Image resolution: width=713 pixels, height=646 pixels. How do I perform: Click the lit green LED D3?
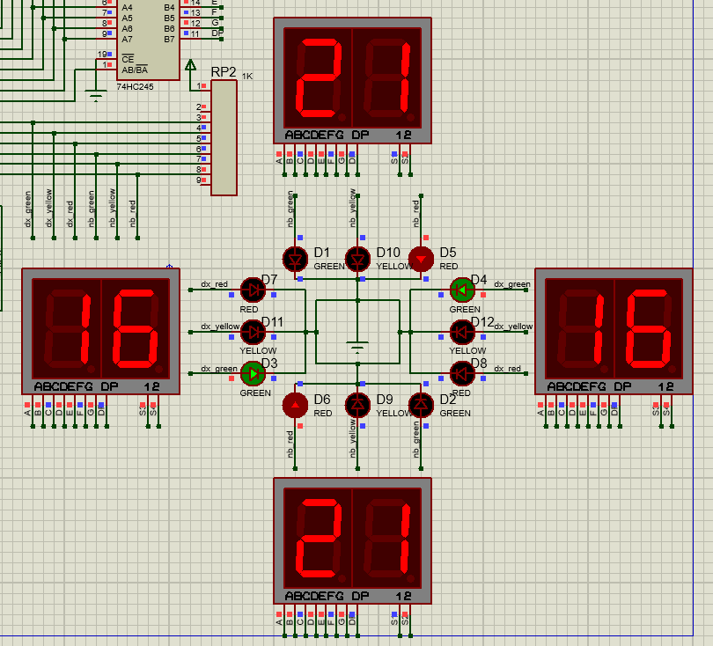(253, 373)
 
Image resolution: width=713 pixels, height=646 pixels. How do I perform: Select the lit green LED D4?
(462, 289)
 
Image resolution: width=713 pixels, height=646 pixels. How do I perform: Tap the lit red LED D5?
(421, 258)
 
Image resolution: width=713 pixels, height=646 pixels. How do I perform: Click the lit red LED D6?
(294, 405)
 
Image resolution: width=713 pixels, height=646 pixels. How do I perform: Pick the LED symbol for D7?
(253, 289)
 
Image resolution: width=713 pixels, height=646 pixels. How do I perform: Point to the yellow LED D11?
(253, 331)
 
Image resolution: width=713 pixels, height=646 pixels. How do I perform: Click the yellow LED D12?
(462, 331)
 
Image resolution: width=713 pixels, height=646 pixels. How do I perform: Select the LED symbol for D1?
(294, 258)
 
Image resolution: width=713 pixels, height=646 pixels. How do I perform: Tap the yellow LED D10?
(357, 258)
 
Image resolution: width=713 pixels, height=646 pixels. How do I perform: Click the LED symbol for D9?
(357, 405)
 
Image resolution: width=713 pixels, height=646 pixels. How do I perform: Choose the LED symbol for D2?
(421, 405)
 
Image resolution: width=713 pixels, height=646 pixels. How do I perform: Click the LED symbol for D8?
(462, 373)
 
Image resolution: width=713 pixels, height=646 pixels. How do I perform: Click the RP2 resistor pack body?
(224, 137)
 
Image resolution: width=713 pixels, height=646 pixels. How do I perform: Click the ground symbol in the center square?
(356, 346)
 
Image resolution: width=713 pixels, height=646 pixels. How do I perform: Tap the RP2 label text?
(224, 72)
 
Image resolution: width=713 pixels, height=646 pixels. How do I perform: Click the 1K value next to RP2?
(247, 77)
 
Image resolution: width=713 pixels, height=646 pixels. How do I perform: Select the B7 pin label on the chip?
(169, 39)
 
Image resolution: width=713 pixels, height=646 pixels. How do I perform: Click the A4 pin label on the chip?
(128, 8)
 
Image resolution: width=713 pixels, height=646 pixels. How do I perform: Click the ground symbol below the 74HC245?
(96, 94)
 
